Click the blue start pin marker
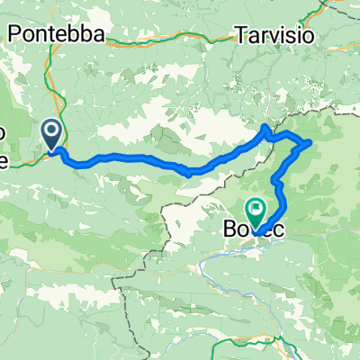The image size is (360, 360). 51,135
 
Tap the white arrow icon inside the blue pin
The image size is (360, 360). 51,132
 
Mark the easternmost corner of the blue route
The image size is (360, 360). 310,141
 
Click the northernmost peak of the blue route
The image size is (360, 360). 265,127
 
